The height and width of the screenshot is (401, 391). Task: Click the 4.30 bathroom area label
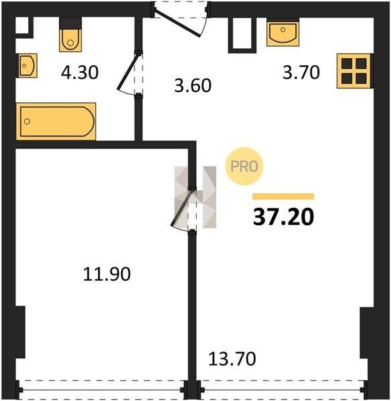(80, 72)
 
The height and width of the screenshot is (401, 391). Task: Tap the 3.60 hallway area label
(193, 86)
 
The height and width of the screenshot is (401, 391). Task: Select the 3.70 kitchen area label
(301, 72)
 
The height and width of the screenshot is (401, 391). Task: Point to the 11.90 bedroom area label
(107, 274)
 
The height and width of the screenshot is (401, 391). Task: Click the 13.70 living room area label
(232, 358)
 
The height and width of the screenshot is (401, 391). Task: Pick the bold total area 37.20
(283, 217)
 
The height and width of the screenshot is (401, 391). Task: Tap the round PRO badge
(244, 166)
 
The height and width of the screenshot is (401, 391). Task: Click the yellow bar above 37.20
(283, 196)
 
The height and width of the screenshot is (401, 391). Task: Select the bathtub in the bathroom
(56, 122)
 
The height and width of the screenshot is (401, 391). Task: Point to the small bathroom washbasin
(27, 65)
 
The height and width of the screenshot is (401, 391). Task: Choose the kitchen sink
(283, 33)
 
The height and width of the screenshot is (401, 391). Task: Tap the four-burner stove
(354, 71)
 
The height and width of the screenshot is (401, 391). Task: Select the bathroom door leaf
(128, 72)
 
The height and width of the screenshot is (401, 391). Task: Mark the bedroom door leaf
(181, 209)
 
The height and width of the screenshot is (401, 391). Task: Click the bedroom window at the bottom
(102, 390)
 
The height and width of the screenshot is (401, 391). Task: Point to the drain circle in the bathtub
(27, 122)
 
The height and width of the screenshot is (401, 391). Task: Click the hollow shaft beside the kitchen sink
(242, 35)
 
